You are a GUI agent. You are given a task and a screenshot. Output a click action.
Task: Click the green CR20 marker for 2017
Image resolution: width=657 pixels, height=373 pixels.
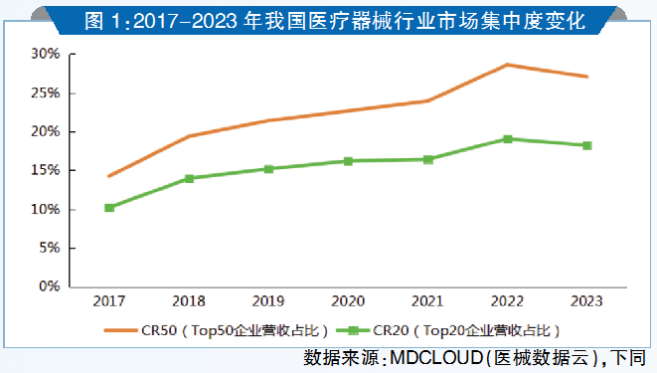109,208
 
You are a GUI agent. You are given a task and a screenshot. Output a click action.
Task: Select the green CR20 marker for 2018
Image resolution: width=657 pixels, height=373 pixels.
189,179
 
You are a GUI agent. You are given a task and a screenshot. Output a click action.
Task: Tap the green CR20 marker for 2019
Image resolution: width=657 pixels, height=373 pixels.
268,169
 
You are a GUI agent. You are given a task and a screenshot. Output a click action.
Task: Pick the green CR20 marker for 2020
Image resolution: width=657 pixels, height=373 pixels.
348,161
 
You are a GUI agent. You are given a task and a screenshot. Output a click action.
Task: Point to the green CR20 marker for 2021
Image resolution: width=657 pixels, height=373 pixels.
428,159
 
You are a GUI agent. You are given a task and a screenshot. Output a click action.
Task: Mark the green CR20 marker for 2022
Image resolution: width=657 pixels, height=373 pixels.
508,139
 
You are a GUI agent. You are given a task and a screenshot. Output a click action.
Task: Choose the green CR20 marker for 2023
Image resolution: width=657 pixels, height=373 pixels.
587,146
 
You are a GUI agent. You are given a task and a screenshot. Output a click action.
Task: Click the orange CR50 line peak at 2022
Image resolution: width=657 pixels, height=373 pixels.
508,65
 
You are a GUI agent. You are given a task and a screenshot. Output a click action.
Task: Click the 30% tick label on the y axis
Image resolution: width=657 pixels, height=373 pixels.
48,54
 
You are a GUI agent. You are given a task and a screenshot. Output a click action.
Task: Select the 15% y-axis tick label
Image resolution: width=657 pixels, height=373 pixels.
48,170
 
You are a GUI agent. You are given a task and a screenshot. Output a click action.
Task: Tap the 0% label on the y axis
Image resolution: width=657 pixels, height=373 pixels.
52,286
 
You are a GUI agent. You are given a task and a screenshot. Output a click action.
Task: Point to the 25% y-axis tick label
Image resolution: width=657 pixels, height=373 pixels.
48,93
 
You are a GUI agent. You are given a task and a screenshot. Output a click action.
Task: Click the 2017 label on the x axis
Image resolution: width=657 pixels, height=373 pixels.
109,301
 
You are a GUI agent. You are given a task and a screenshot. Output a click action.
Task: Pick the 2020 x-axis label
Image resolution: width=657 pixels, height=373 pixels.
348,301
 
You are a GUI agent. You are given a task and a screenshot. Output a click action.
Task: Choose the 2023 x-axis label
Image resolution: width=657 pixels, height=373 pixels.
587,301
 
